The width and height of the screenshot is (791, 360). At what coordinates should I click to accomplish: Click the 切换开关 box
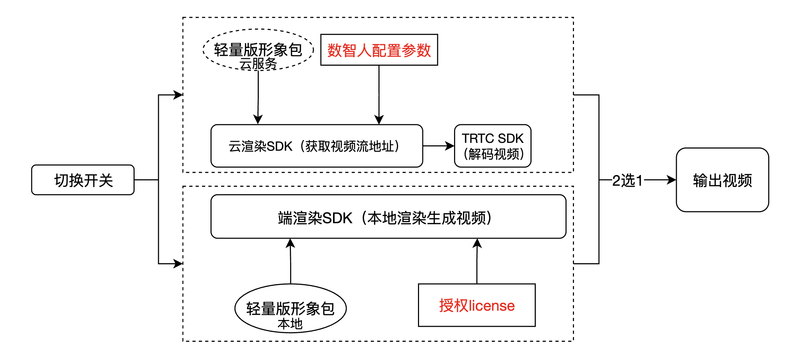[x=83, y=180]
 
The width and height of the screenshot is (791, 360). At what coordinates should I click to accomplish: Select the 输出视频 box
[x=722, y=180]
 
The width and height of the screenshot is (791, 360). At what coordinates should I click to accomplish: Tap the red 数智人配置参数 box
[x=379, y=50]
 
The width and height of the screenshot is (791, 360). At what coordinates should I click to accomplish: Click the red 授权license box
[x=477, y=305]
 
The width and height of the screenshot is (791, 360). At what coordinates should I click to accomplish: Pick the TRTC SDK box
[x=493, y=146]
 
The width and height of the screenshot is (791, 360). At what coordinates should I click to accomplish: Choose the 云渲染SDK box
[x=317, y=146]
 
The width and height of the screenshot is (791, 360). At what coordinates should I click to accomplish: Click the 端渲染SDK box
[x=388, y=217]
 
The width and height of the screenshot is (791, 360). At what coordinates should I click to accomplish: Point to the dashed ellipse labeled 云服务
[x=258, y=49]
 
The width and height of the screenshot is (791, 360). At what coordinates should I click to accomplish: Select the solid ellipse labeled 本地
[x=290, y=308]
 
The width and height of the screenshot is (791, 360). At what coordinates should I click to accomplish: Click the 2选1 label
[x=627, y=180]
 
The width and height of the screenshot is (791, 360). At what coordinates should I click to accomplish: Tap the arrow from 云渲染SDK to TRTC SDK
[x=438, y=146]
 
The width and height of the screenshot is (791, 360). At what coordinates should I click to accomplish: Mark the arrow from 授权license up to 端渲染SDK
[x=477, y=261]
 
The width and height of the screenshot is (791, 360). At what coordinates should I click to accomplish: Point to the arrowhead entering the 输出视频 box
[x=671, y=180]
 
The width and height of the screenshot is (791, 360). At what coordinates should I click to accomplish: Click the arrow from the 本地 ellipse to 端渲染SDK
[x=291, y=261]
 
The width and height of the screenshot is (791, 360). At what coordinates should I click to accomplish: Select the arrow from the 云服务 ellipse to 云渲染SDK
[x=258, y=96]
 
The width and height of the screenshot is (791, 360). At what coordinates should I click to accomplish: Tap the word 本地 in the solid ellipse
[x=290, y=324]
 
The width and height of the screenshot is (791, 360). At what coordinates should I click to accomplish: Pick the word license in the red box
[x=492, y=306]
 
